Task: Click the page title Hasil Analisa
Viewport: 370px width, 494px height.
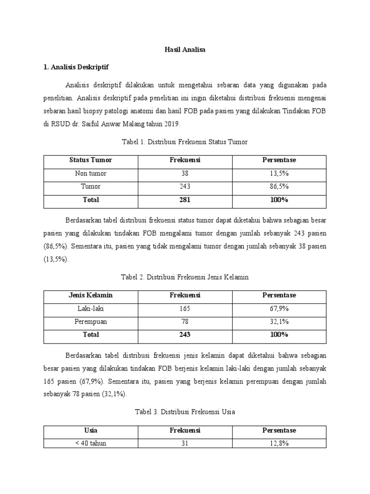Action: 185,50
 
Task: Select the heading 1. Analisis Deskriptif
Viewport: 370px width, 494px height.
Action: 79,67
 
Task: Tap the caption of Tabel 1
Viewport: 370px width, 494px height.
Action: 185,142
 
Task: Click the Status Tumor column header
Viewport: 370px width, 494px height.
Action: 91,160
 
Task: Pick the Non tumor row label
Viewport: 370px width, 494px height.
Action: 91,173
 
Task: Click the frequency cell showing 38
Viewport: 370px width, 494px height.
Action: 185,173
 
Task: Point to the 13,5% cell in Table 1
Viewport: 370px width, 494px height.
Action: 279,173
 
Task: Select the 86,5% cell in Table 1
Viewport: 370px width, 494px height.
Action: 279,186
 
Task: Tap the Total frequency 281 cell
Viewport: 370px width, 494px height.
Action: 185,200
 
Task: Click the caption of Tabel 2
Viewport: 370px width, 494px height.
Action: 185,277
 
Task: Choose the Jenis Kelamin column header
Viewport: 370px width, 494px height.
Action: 91,295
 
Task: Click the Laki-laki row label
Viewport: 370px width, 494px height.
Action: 91,308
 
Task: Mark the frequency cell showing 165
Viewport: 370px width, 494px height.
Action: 185,308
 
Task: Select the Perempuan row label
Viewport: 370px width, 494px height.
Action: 91,321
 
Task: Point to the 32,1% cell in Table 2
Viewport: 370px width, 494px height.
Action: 279,321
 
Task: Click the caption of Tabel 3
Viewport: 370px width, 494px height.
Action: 185,412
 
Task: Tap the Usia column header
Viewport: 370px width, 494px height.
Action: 91,430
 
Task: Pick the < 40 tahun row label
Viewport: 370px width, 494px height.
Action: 91,443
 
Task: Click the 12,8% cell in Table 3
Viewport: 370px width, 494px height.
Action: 279,443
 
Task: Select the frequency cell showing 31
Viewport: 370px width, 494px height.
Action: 185,443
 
